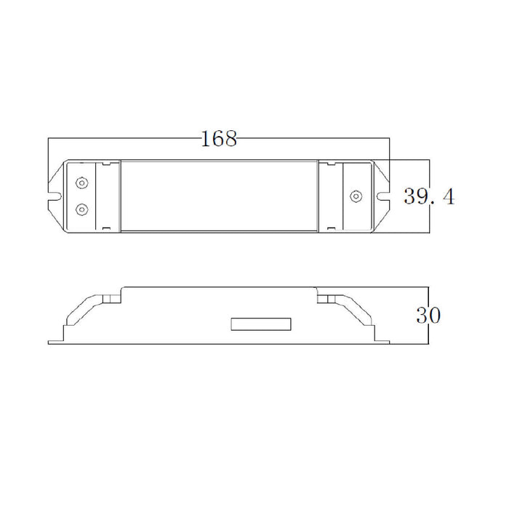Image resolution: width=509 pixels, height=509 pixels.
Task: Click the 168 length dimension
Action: pyautogui.click(x=219, y=139)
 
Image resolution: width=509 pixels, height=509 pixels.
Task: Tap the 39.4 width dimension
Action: pyautogui.click(x=429, y=196)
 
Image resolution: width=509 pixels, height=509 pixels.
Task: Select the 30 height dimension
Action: pyautogui.click(x=428, y=315)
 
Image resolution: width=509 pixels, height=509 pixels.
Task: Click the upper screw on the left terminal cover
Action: pyautogui.click(x=81, y=183)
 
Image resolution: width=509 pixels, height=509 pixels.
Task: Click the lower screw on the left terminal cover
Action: pyautogui.click(x=81, y=209)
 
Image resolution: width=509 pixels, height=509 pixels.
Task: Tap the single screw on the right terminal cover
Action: pyautogui.click(x=356, y=196)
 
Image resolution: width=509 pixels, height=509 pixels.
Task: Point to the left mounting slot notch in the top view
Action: pyautogui.click(x=55, y=196)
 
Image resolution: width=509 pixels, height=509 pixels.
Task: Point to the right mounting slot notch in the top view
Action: pyautogui.click(x=384, y=196)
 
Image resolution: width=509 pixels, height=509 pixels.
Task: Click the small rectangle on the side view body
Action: pyautogui.click(x=261, y=324)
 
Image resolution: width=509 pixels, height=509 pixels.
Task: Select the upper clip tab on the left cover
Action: pyautogui.click(x=106, y=164)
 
